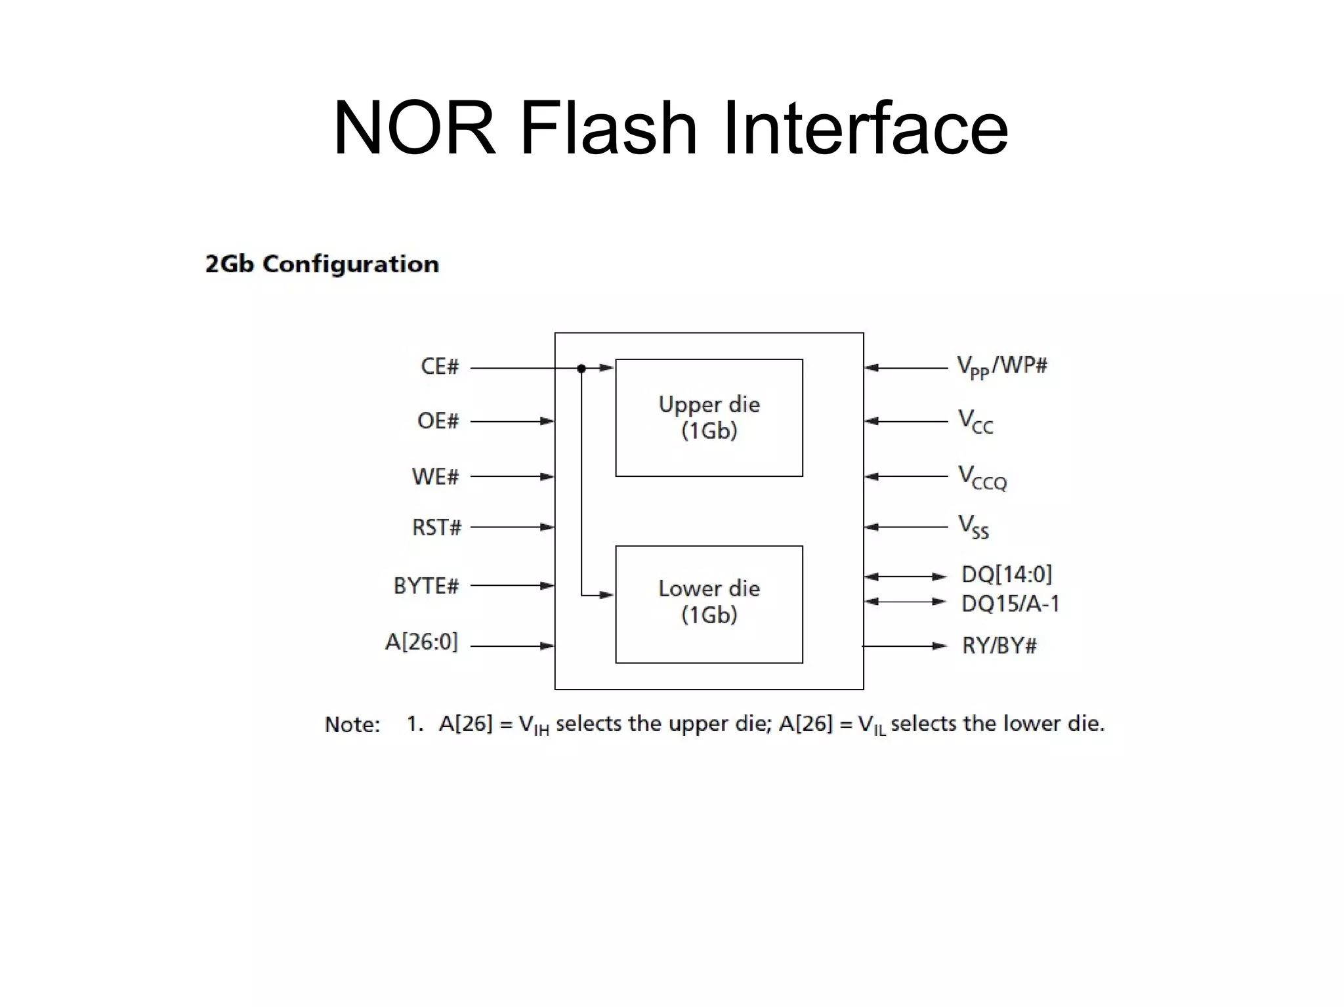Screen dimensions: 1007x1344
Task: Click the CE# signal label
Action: [439, 366]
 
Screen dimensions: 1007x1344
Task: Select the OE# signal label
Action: [438, 421]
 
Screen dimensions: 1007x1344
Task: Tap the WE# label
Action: [435, 476]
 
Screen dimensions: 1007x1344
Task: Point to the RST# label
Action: [436, 527]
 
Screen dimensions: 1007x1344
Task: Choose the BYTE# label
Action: [426, 585]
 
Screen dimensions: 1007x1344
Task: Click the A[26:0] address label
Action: [421, 642]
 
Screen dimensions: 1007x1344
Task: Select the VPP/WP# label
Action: [1002, 366]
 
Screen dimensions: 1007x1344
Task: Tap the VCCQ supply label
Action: [982, 478]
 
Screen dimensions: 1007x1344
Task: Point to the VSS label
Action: [973, 527]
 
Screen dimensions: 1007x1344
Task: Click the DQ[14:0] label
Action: [1007, 575]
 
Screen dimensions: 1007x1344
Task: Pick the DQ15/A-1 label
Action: [1011, 604]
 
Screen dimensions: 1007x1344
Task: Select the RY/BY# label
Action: [999, 646]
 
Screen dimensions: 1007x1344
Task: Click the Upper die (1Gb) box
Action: [709, 417]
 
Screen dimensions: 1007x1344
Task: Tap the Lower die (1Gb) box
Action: [709, 604]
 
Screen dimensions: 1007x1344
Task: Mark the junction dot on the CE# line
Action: [581, 369]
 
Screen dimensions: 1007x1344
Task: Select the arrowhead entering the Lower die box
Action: [608, 595]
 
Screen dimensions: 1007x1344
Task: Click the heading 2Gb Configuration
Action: [322, 264]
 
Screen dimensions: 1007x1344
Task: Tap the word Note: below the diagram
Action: [352, 724]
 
